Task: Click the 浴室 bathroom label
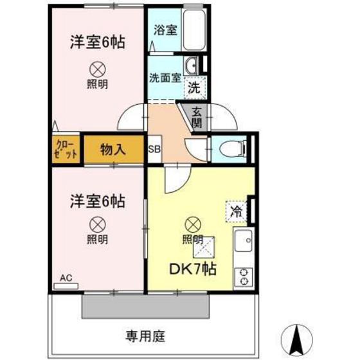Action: coord(165,30)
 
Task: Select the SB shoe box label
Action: coord(154,149)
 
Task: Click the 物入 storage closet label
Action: coord(113,149)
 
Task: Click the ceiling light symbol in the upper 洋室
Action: coord(97,68)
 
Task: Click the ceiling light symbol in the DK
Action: coord(192,224)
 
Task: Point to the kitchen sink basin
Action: coord(244,243)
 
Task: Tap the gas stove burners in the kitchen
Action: coord(244,275)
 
